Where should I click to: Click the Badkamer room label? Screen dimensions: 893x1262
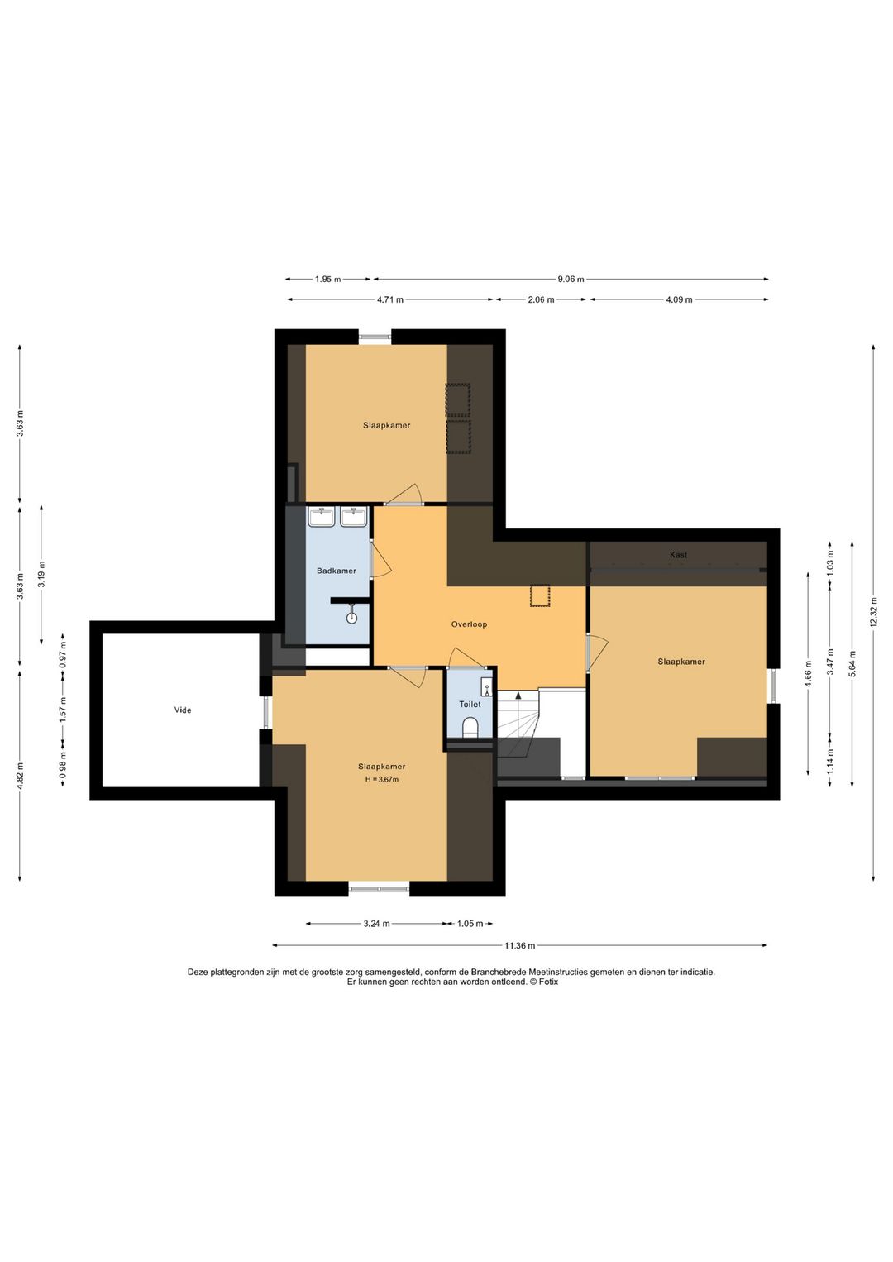337,571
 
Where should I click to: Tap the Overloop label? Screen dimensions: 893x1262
469,624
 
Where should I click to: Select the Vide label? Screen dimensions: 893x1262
183,710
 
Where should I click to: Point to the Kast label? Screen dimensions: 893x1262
678,555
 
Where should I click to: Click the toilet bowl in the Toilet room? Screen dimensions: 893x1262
470,728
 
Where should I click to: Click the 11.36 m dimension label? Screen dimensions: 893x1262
519,946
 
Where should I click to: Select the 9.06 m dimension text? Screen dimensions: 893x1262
571,279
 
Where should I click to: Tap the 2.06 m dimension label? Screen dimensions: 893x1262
541,299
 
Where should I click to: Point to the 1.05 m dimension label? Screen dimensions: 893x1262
470,924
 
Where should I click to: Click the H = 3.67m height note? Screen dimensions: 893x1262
381,779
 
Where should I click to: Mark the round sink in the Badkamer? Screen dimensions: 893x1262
352,617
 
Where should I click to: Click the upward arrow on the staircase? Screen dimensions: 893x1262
518,696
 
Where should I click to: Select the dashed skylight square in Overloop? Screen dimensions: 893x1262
539,595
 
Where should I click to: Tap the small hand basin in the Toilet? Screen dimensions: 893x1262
487,686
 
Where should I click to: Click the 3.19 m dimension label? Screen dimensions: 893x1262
41,575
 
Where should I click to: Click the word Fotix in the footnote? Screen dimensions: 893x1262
548,982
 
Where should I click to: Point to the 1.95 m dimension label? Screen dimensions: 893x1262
327,279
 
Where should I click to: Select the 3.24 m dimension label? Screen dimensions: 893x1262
376,924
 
